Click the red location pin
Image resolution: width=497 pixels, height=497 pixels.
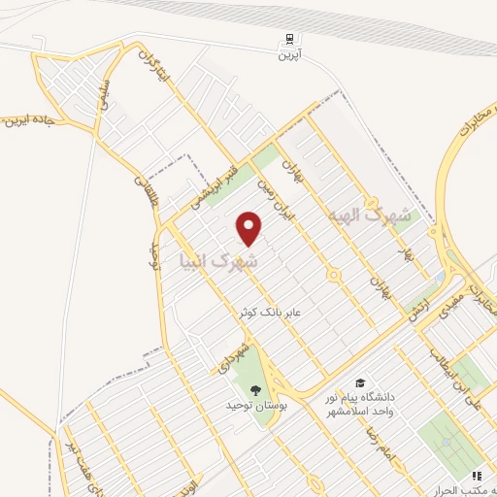(249, 227)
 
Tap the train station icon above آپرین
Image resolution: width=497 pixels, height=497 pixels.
(288, 41)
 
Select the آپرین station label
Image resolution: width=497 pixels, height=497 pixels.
(288, 56)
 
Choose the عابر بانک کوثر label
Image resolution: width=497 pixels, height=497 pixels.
(276, 312)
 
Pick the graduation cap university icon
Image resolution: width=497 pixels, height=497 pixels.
(361, 383)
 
